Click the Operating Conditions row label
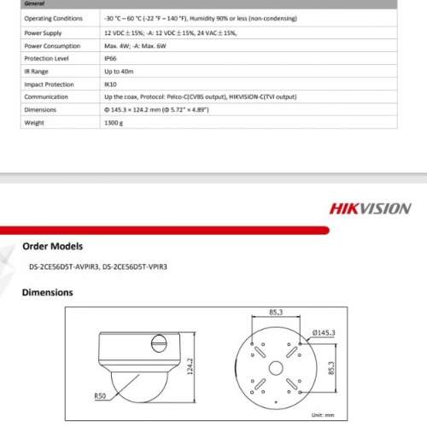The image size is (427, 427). [x=54, y=18]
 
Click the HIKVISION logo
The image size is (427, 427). [x=370, y=208]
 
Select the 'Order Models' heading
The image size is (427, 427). [x=52, y=246]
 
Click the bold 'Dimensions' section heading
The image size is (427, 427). [x=47, y=293]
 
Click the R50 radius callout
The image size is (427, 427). [x=101, y=395]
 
